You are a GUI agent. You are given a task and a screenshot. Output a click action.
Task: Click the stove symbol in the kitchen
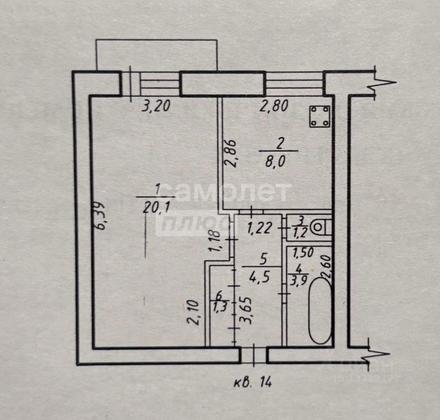coord(320,117)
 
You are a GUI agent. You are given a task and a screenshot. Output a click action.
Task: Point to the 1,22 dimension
coord(261,227)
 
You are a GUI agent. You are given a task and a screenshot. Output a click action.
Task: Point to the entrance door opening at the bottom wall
coord(253,355)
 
